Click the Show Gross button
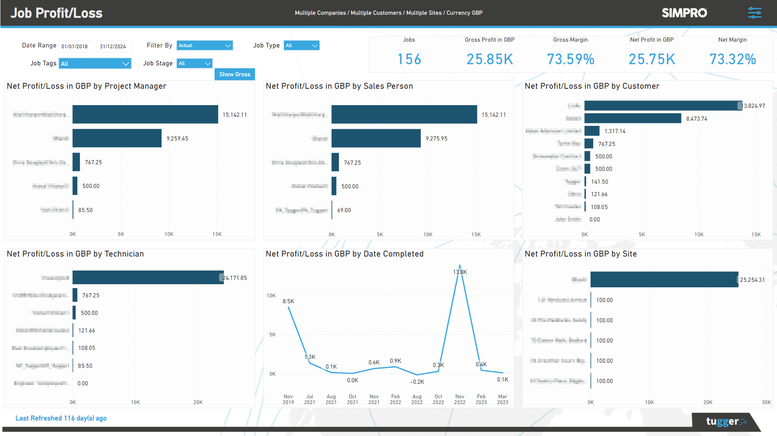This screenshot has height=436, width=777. pos(234,74)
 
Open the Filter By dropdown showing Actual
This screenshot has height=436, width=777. pos(204,46)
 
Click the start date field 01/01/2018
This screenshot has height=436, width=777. pos(75,46)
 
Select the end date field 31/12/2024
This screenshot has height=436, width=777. pos(113,46)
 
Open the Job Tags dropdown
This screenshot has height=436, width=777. pos(95,63)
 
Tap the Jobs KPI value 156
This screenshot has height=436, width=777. pos(409,59)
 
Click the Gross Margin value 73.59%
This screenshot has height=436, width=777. pos(571,59)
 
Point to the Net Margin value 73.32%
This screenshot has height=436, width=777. pos(732,59)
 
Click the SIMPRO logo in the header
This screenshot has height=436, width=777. pos(684,13)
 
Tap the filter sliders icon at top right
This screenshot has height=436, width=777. pos(754,13)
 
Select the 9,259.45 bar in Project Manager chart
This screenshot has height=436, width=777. pos(117,138)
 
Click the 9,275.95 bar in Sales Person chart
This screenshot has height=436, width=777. pos(376,138)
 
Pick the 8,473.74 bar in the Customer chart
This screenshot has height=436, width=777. pos(633,118)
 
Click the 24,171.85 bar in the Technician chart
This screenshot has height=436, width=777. pos(148,278)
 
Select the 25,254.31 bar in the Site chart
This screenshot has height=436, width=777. pos(664,280)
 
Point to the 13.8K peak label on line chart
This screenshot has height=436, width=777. pos(460,272)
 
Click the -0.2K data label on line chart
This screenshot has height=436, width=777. pos(417,382)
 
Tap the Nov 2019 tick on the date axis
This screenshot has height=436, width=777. pos(288,399)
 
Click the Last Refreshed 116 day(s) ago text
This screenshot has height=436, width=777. pos(61,418)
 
